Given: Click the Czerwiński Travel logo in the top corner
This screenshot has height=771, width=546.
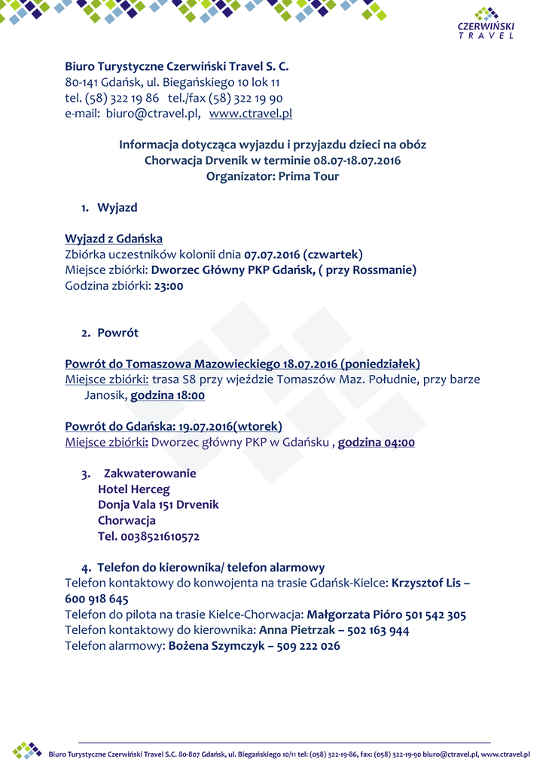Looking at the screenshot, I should (x=486, y=23).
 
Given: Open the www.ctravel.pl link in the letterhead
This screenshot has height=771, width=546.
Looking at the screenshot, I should (x=250, y=114).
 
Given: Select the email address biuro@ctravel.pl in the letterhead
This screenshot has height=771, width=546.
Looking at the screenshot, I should (x=153, y=114).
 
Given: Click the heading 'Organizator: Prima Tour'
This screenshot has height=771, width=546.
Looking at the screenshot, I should (x=273, y=176).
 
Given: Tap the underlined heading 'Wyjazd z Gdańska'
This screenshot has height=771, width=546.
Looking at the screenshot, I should (x=114, y=239).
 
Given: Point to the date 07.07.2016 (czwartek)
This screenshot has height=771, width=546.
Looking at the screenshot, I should (x=304, y=254).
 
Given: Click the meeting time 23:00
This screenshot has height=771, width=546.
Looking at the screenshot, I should (x=169, y=286).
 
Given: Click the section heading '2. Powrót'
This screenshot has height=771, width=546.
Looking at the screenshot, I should (x=110, y=333).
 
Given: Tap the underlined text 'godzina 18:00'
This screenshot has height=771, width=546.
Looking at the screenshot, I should (x=168, y=395).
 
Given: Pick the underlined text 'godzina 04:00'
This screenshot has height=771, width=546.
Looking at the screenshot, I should (x=376, y=443).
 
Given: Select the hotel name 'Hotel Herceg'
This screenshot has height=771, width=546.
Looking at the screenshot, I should (x=134, y=489).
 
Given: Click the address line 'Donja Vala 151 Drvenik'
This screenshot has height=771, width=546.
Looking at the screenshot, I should (x=158, y=505).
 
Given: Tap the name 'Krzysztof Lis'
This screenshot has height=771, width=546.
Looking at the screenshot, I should (x=426, y=584).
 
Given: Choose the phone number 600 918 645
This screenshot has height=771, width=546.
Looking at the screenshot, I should (x=96, y=599).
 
